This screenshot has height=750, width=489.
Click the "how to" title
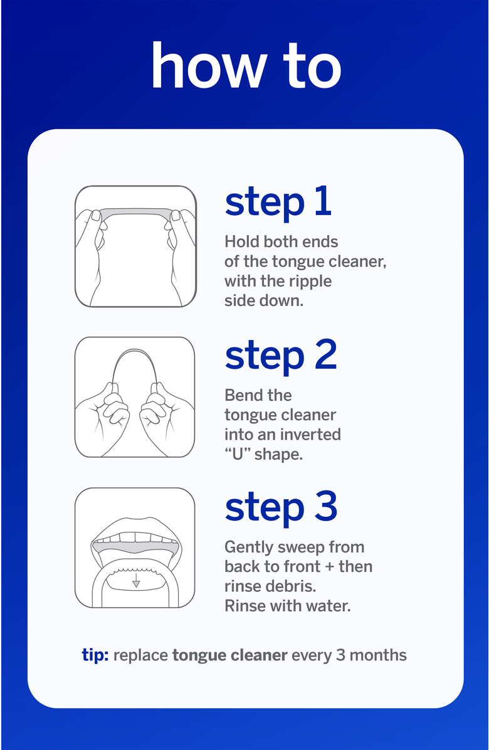point(246,65)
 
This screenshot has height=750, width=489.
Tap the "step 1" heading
point(278,203)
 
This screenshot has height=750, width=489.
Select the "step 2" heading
point(281,356)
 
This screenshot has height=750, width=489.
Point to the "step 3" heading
point(281,508)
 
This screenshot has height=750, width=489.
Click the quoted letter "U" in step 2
point(238,453)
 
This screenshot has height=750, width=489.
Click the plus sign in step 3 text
point(329,567)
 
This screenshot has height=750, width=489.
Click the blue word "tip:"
point(95,655)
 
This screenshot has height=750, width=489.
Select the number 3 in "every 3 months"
point(340,655)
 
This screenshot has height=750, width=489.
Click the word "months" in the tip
point(378,655)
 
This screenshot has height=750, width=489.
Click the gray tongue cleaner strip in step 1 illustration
point(136,212)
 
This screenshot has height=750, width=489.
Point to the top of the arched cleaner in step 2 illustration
point(135,350)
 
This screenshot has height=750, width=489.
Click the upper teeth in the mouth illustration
point(135,537)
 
